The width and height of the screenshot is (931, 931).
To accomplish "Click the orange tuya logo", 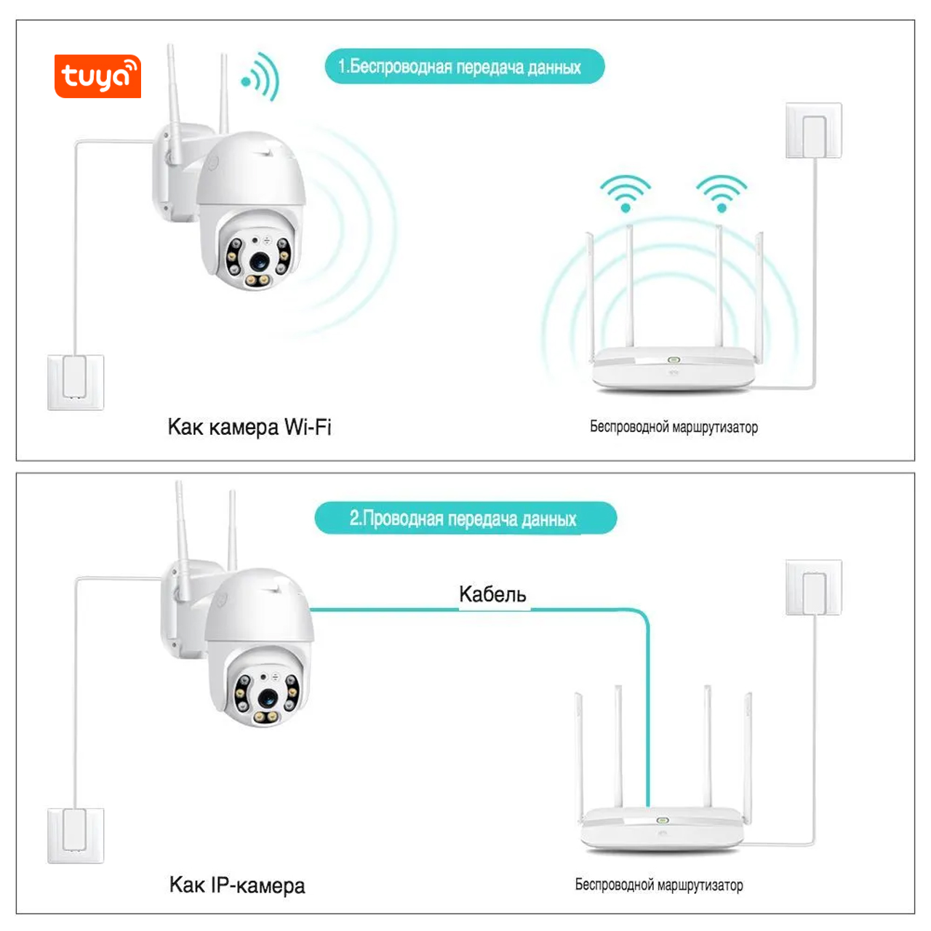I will (97, 76).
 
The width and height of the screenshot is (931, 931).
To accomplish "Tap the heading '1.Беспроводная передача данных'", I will (464, 67).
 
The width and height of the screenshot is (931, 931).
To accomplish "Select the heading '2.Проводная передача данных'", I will (465, 519).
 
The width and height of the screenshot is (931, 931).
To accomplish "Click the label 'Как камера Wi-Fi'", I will (249, 427).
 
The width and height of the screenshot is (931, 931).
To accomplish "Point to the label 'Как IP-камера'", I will (237, 885).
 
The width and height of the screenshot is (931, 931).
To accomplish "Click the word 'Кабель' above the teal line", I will (492, 594).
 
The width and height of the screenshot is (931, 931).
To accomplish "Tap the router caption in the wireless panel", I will (674, 427).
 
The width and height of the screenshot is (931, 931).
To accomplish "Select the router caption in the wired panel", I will (659, 885).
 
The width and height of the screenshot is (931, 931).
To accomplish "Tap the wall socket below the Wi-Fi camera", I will (76, 383).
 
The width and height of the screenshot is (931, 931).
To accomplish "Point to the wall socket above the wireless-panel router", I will (814, 130).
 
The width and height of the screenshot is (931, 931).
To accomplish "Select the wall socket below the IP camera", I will (76, 836).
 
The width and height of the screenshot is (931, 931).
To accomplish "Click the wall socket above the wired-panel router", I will (814, 587).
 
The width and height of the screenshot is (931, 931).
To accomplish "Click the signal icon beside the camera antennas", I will (261, 77).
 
